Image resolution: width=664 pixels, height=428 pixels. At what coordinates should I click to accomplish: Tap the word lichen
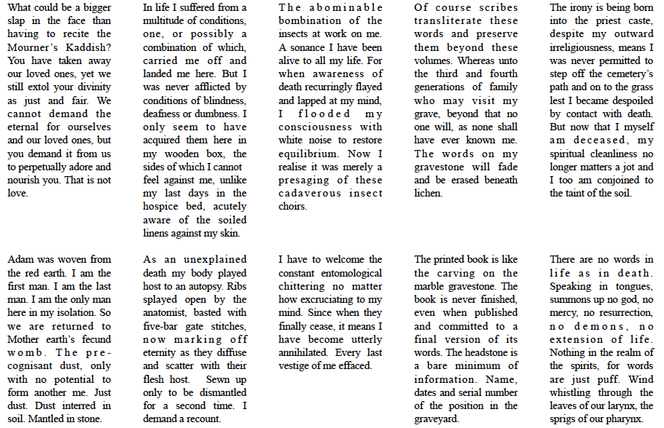click(428, 194)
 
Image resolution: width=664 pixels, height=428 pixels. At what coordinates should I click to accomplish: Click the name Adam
click(20, 260)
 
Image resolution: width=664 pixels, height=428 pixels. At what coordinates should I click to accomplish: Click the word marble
click(431, 287)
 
